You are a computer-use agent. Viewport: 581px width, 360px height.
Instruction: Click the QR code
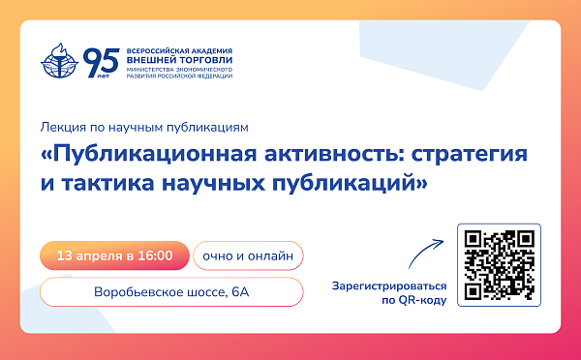click(x=499, y=264)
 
